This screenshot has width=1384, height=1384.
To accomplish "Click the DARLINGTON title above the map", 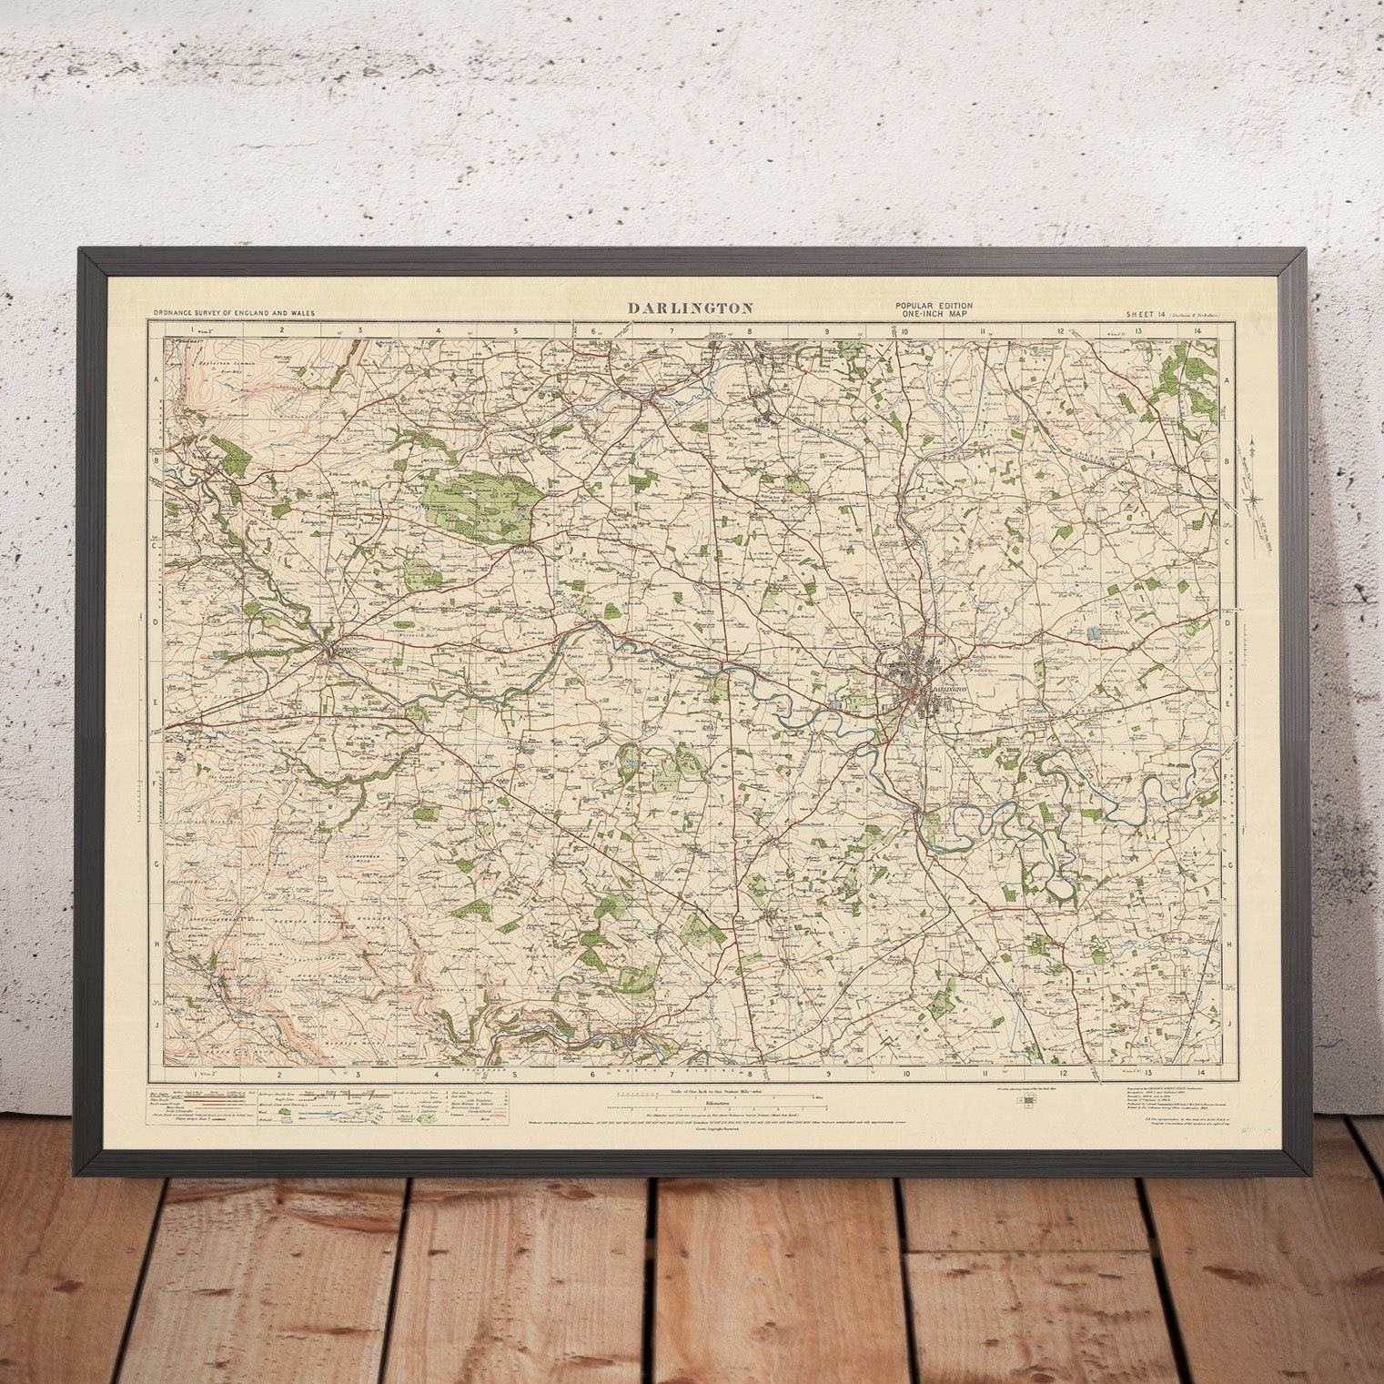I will tap(691, 308).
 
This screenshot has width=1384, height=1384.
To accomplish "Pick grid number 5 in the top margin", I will tap(515, 330).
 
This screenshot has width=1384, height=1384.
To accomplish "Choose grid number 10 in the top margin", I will tap(906, 330).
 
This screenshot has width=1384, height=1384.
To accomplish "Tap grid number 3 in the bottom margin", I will tap(359, 1074).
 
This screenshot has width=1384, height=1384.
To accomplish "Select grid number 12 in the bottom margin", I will tap(1061, 1074).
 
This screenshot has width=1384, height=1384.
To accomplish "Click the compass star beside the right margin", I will tap(1254, 497).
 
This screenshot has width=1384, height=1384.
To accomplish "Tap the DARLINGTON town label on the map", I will tap(946, 690).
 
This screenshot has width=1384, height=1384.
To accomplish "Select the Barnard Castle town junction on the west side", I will tap(329, 652).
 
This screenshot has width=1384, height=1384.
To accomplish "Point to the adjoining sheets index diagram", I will tap(1028, 1101).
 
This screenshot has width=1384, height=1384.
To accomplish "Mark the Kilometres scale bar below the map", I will tap(693, 1108).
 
